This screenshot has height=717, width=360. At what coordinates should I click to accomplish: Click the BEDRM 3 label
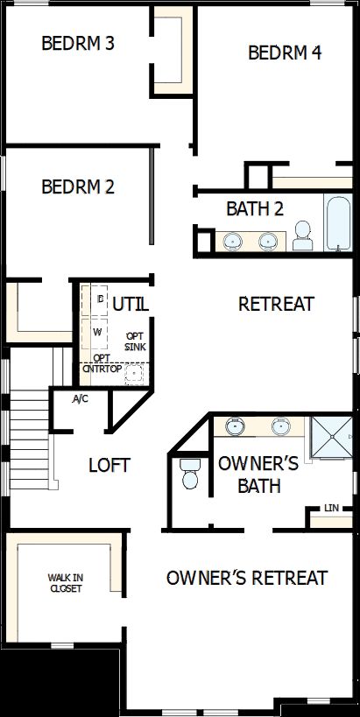click(x=78, y=43)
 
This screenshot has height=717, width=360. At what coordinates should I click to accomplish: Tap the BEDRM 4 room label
click(x=285, y=53)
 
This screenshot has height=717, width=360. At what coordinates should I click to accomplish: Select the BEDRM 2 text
click(x=78, y=186)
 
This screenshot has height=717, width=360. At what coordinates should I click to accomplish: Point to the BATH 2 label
click(x=254, y=209)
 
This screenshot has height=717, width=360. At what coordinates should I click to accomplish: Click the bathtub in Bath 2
click(x=336, y=224)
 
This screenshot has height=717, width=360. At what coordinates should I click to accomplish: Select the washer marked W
click(x=98, y=333)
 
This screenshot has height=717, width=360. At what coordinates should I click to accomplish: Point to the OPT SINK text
click(x=136, y=341)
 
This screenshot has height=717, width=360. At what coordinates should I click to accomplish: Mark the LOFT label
click(x=109, y=465)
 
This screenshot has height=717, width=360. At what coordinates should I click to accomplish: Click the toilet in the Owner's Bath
click(x=188, y=475)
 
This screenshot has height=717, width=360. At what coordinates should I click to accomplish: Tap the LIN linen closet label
click(x=330, y=508)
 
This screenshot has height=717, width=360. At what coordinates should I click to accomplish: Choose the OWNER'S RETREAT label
click(x=246, y=578)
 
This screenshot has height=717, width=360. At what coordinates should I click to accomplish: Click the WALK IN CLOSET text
click(x=67, y=583)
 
